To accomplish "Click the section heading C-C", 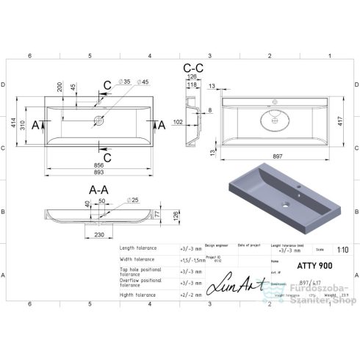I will (x=192, y=68).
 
